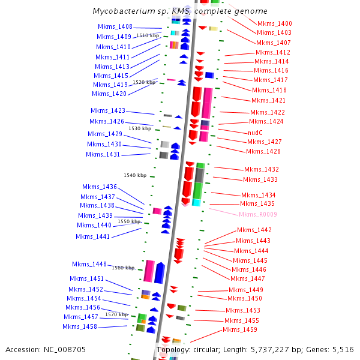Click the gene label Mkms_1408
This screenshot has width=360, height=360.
[115, 27]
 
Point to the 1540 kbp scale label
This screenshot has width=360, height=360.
[135, 176]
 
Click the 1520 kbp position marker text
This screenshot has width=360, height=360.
[144, 82]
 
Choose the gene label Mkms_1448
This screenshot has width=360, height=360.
[89, 265]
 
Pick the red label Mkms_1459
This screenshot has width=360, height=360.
[240, 330]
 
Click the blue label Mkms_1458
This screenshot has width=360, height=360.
[80, 327]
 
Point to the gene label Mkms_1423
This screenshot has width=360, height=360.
[108, 111]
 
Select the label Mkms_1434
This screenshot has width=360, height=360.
[259, 196]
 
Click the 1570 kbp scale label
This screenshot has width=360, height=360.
[116, 314]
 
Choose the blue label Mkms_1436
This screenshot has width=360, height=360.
[100, 187]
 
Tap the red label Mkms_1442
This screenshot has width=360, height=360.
[254, 230]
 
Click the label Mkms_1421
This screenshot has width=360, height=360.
[269, 101]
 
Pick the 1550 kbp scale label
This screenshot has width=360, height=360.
[129, 222]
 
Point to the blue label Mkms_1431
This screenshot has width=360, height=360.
[103, 155]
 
